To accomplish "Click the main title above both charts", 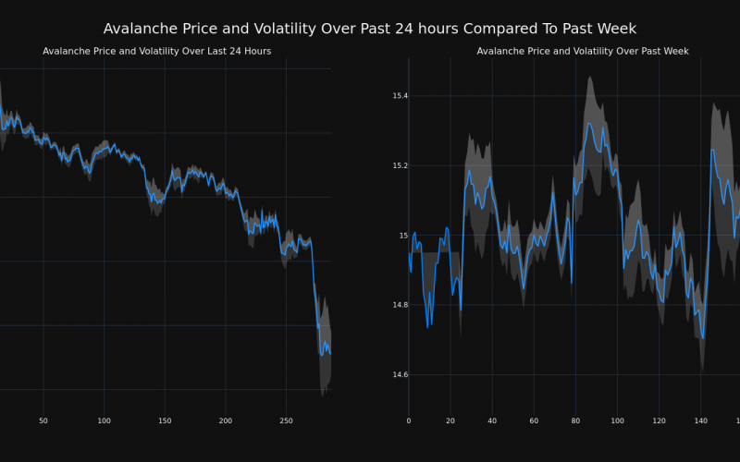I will [370, 29].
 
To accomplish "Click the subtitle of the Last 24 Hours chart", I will [156, 51].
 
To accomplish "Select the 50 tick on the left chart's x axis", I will [43, 421].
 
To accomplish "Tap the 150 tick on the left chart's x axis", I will [165, 421].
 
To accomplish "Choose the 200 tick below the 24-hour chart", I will [226, 421].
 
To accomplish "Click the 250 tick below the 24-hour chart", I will [286, 421].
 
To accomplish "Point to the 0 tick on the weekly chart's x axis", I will [409, 421].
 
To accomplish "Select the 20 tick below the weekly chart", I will [450, 421].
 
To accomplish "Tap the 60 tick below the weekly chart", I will [534, 421].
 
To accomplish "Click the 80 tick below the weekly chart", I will [575, 421].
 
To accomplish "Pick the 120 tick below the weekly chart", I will [659, 421].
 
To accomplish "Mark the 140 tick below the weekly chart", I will [700, 421].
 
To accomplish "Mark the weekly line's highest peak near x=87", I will [589, 123].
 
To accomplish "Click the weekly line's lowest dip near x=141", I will [703, 338].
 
